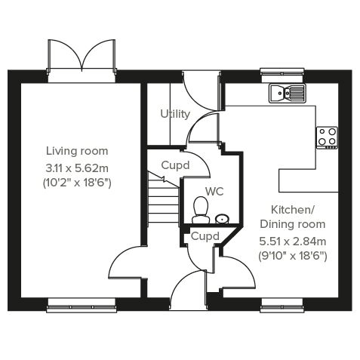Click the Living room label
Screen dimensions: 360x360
(x=77, y=151)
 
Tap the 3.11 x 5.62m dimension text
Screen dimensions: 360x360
(x=77, y=168)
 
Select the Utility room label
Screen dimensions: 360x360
(x=175, y=114)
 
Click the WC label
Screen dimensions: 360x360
(x=214, y=192)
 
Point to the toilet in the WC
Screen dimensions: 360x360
(x=201, y=210)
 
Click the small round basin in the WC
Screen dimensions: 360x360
(x=223, y=218)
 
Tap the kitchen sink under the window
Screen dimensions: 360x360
(x=288, y=94)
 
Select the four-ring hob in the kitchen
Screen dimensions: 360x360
(x=327, y=137)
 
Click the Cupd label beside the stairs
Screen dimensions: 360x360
(x=175, y=165)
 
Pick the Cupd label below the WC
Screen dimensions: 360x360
(x=205, y=236)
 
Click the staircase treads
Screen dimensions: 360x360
(x=163, y=202)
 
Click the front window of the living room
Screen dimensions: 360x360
(x=82, y=306)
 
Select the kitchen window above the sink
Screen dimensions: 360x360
(x=282, y=72)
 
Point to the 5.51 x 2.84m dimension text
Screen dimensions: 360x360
(x=293, y=242)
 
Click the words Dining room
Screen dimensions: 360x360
(x=293, y=224)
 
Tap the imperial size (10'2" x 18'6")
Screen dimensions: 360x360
(x=77, y=183)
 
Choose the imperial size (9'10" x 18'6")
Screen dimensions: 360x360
(x=293, y=257)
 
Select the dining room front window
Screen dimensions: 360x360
(x=282, y=306)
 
